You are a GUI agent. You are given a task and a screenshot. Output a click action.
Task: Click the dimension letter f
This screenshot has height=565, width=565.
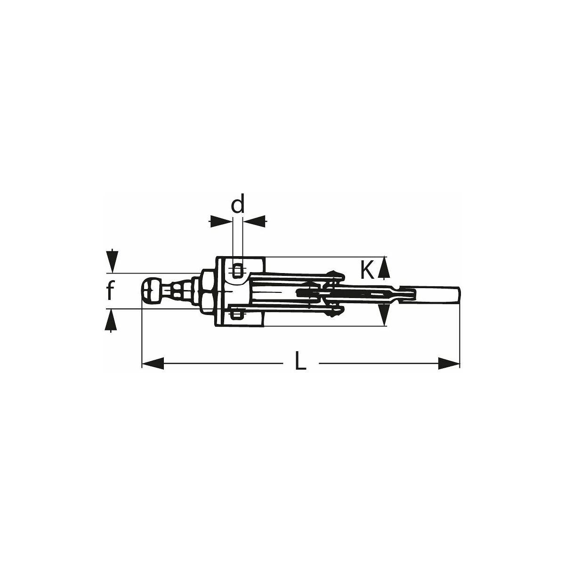(x=110, y=290)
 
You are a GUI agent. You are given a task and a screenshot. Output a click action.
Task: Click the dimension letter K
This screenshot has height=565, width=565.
(x=367, y=270)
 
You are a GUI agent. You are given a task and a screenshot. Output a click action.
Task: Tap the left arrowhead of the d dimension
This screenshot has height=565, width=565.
(x=221, y=222)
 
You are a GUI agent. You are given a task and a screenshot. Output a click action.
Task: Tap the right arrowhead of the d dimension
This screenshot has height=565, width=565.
(x=255, y=222)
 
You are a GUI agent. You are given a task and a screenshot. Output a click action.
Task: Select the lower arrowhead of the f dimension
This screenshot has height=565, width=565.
(x=111, y=320)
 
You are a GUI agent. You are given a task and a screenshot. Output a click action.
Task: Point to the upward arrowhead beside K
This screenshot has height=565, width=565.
(x=384, y=267)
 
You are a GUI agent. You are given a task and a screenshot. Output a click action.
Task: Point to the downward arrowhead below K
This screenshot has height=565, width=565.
(x=384, y=315)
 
